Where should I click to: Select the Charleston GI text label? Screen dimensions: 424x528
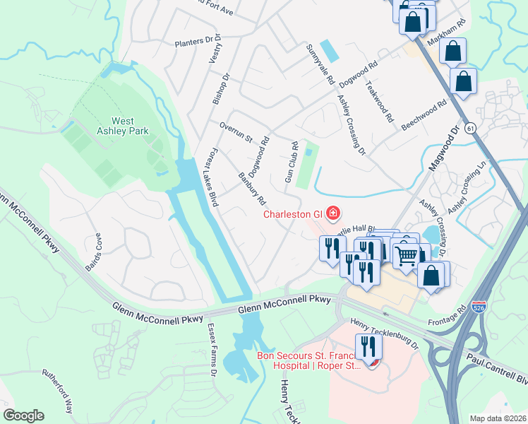point(292,214)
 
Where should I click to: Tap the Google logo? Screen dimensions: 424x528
point(23,416)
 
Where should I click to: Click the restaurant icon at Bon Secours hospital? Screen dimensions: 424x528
point(368,347)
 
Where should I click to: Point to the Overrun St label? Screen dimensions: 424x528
point(236,132)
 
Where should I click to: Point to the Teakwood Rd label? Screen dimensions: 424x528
point(378,102)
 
